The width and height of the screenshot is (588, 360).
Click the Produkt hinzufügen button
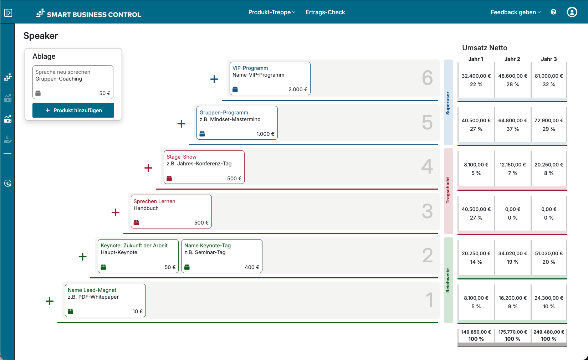pos(73,110)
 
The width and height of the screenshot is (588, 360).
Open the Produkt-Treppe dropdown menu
pos(272,12)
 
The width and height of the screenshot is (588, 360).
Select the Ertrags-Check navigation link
pos(325,12)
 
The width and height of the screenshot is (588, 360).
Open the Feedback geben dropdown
pos(515,12)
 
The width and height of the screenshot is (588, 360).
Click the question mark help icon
pos(553,12)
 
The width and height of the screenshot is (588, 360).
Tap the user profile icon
pos(572,12)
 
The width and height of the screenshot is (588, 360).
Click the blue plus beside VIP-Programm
pos(214,79)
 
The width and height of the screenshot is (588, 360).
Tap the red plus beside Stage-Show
pos(148,168)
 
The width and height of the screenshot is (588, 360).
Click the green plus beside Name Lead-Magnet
pos(50,301)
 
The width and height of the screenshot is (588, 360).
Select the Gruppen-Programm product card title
pos(224,113)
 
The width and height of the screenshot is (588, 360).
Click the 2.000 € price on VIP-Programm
pos(298,89)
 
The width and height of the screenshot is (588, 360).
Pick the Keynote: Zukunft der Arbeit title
pos(134,246)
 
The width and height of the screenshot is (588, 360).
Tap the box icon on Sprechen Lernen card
pos(136,223)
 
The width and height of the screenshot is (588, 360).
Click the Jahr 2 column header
pos(512,59)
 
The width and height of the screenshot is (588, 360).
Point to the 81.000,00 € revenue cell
pos(549,76)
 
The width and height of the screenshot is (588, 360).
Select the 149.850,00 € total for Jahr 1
pos(476,332)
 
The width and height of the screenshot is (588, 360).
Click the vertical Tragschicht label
pos(448,190)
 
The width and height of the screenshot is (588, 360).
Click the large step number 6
pos(427,78)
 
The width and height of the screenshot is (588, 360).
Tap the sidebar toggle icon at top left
pos(8,13)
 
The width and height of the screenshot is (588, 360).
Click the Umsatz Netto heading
pos(485,48)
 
